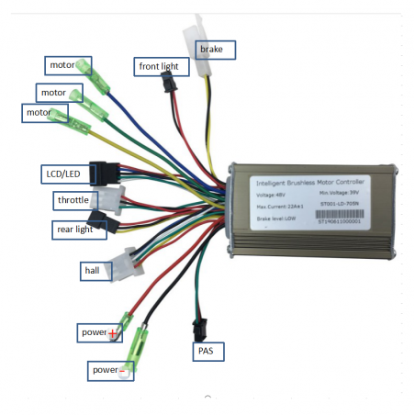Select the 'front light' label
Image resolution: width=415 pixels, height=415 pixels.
pyautogui.click(x=163, y=66)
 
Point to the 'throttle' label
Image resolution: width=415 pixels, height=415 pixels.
pyautogui.click(x=73, y=199)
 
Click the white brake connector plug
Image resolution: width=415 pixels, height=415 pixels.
pyautogui.click(x=193, y=39)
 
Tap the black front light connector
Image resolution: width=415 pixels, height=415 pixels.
pyautogui.click(x=167, y=84)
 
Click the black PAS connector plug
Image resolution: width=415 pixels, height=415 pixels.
pyautogui.click(x=198, y=327)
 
